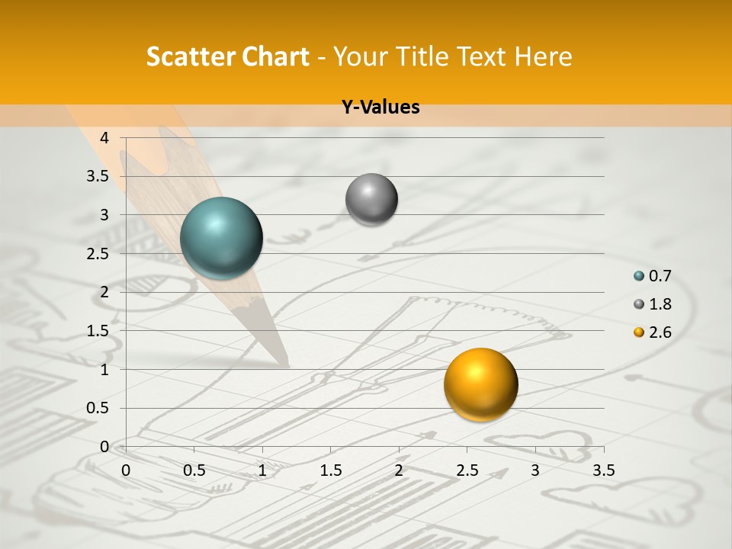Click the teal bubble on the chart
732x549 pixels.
221,238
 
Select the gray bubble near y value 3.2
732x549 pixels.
371,200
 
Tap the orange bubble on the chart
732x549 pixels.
480,384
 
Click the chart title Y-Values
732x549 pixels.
380,108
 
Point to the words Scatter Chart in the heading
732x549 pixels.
227,56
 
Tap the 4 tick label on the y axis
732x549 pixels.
104,138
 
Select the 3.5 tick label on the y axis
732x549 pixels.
98,176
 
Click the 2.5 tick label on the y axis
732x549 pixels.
98,254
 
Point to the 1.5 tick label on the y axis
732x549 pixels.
98,331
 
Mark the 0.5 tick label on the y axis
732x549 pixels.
98,408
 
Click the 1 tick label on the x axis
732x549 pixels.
262,470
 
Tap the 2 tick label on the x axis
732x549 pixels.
399,470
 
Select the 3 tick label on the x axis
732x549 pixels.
535,470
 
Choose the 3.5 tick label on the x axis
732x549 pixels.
603,470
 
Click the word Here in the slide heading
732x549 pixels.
544,56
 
